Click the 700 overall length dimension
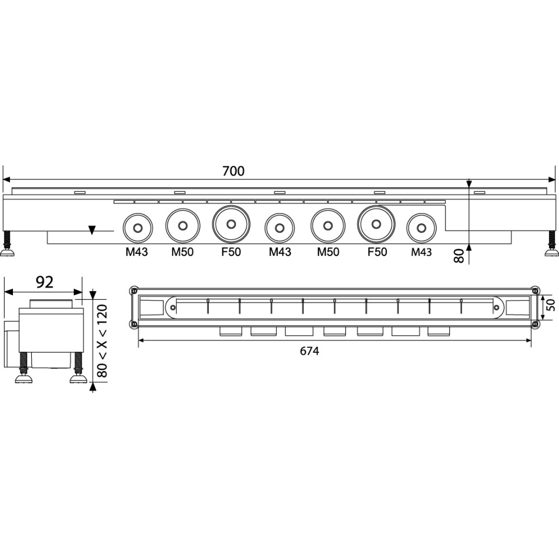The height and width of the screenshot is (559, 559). pyautogui.click(x=234, y=172)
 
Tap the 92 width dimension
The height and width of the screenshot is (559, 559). pyautogui.click(x=45, y=282)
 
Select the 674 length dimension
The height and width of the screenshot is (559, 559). pyautogui.click(x=310, y=351)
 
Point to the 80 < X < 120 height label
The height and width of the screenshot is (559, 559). pyautogui.click(x=102, y=340)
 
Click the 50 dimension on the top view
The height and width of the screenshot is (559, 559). pyautogui.click(x=551, y=305)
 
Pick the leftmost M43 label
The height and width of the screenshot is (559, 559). pyautogui.click(x=136, y=252)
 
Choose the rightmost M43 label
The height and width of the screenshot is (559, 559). pyautogui.click(x=421, y=252)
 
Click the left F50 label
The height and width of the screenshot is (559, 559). pyautogui.click(x=231, y=252)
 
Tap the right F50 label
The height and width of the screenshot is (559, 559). pyautogui.click(x=377, y=252)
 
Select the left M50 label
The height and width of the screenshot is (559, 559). pyautogui.click(x=182, y=252)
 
